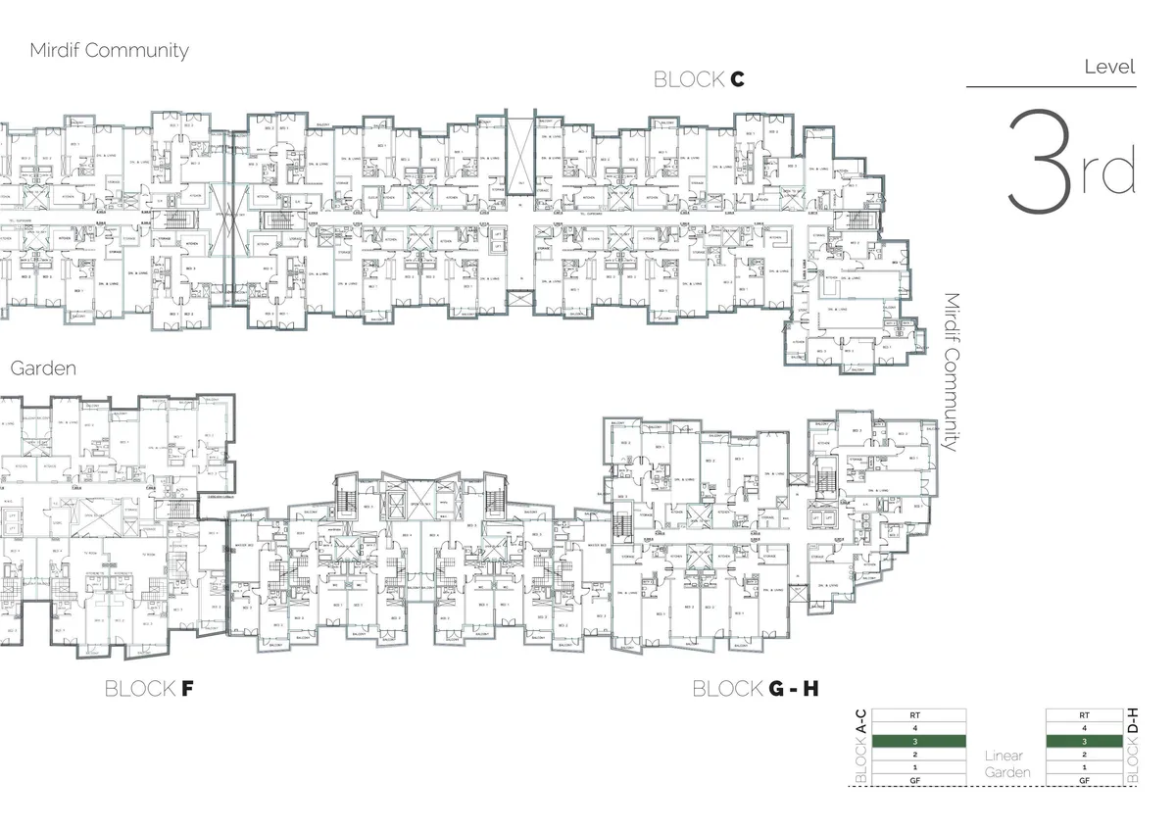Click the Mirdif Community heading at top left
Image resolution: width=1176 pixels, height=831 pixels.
click(109, 51)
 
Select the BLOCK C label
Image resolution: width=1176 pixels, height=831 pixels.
click(699, 80)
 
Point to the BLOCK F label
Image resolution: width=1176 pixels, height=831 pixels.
click(149, 689)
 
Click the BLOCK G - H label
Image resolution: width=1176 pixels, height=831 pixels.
click(755, 689)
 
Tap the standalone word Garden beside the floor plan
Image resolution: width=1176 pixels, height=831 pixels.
click(43, 369)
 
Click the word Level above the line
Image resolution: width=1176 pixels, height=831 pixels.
click(1109, 68)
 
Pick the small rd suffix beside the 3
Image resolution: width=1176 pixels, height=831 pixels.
click(1109, 173)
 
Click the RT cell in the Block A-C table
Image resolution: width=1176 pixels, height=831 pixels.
click(915, 715)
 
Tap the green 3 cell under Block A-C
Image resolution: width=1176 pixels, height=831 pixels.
click(915, 742)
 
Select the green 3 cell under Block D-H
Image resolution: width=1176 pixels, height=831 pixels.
click(1083, 742)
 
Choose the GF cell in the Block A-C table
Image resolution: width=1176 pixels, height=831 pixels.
click(915, 780)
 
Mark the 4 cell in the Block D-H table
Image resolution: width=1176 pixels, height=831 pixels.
click(1083, 729)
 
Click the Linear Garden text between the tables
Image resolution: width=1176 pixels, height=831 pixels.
click(1004, 764)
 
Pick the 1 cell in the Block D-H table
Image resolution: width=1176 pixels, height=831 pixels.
click(1083, 767)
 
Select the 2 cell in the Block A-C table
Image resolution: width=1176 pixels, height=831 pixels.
click(915, 755)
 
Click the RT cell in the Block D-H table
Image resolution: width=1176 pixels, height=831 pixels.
click(1083, 715)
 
